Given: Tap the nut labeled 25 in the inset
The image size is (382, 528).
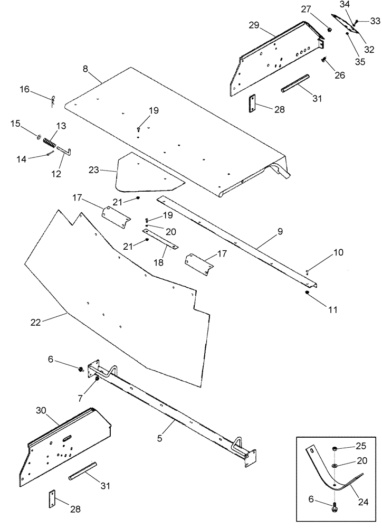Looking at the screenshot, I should [x=335, y=449].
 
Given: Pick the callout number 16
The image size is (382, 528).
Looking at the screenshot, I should [x=25, y=90].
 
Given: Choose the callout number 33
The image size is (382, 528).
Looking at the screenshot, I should [x=375, y=21].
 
